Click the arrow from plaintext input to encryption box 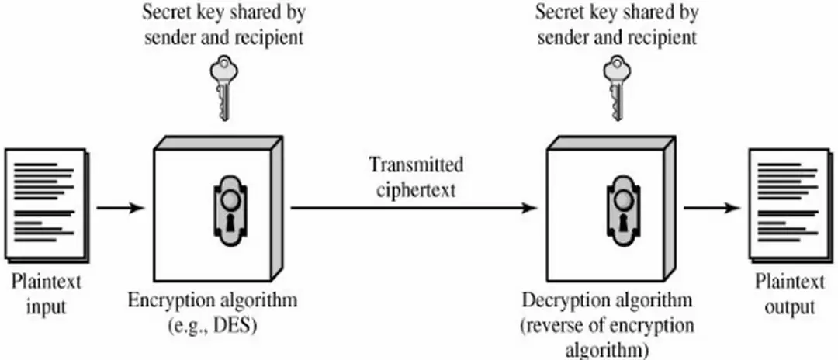[x=121, y=207]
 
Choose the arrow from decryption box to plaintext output [x=711, y=207]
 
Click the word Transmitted [x=417, y=164]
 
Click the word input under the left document [x=46, y=306]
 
